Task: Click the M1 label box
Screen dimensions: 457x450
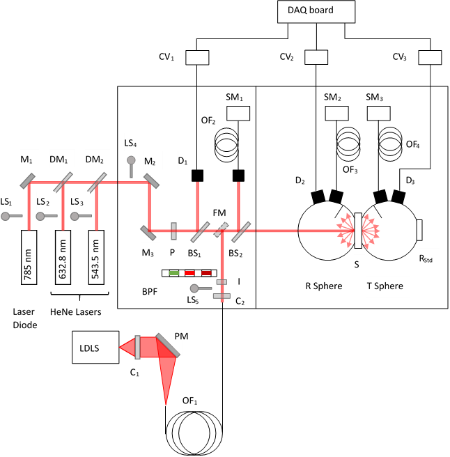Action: [29, 159]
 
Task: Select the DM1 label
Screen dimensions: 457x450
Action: [60, 159]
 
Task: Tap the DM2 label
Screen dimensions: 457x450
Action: [95, 159]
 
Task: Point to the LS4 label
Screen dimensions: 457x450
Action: [134, 142]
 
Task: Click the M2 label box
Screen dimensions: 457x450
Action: [153, 161]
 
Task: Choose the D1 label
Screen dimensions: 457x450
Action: [185, 160]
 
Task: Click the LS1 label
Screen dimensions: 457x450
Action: [8, 201]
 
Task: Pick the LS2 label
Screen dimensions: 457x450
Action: [44, 201]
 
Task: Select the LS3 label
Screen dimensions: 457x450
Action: [79, 201]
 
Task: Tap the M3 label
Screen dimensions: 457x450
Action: [150, 252]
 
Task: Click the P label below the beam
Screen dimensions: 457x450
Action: [173, 252]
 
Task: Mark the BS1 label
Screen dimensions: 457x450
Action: [195, 252]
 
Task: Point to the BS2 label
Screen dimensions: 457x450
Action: [237, 252]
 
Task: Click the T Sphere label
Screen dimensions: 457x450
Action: [387, 286]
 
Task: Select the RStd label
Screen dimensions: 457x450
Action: [428, 258]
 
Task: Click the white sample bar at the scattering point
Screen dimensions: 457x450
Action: [358, 231]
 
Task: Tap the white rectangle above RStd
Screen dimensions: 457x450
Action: [419, 230]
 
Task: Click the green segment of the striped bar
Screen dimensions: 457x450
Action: [174, 273]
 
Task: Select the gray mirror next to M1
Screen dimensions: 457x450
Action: [28, 180]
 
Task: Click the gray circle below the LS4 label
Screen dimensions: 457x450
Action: [131, 160]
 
